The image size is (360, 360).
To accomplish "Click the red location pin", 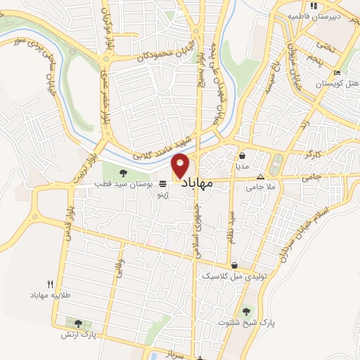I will coord(181,166).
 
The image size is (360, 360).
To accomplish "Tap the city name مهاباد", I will coord(202,184).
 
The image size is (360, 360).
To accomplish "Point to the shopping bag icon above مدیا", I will coord(242,156).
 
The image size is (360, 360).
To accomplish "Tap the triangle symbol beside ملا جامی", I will coord(260,177).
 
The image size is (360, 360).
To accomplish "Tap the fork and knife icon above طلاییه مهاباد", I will coord(49,284).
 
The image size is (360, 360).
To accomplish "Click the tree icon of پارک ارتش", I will coord(77,323).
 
